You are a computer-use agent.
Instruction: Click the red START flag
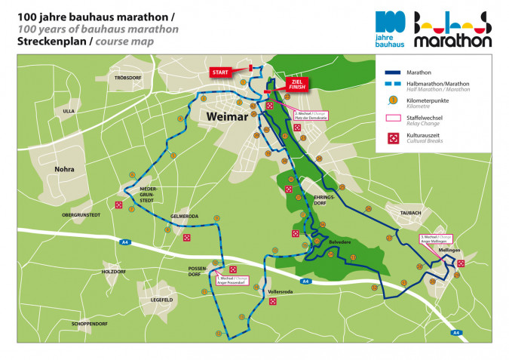pos(220,72)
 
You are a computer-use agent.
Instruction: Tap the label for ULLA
pos(69,111)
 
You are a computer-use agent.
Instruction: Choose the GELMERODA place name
pos(184,216)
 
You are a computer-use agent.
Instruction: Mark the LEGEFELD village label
pos(161,300)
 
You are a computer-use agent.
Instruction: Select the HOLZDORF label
pos(114,271)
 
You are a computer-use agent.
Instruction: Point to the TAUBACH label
pos(411,213)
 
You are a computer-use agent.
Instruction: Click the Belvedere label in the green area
pos(340,242)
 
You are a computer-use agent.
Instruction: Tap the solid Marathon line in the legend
pos(391,72)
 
